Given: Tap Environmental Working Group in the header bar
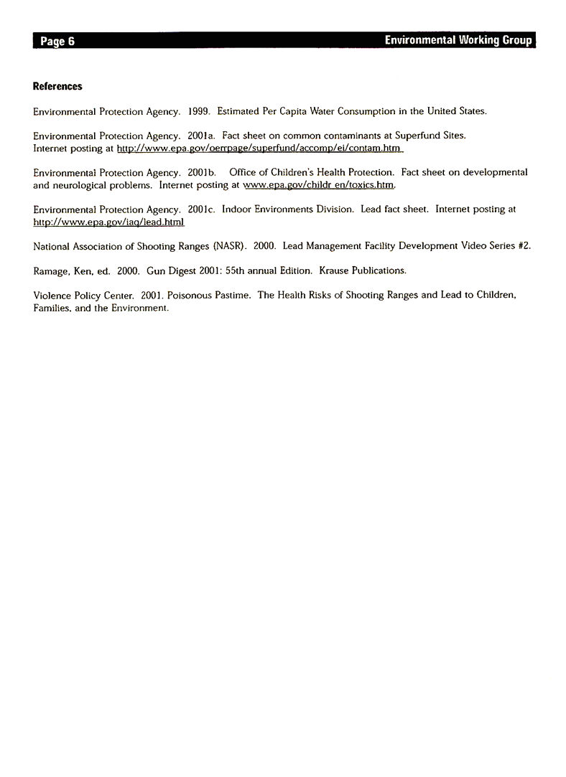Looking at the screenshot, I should coord(458,40).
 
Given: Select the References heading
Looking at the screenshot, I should coord(57,86).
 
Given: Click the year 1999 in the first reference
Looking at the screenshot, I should coord(198,112).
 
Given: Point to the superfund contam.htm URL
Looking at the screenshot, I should coord(258,149).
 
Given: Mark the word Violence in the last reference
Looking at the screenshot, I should coord(51,296).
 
